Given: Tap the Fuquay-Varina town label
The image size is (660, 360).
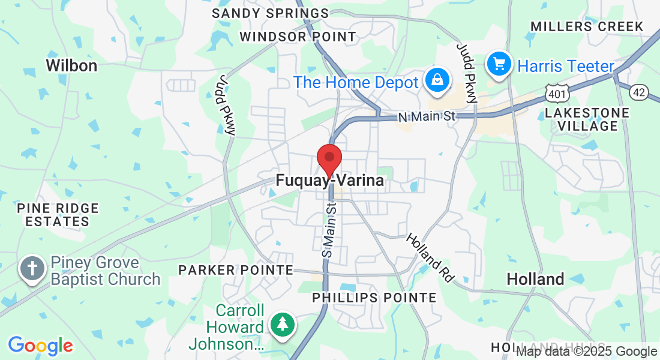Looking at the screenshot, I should coord(329,180).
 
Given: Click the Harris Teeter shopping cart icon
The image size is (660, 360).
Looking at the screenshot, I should coord(499,64).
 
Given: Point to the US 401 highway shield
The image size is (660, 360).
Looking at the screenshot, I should coord(554,92).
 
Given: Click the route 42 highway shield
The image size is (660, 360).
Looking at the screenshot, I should coord(640,92).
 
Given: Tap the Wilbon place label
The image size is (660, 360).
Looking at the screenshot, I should coord(71,65).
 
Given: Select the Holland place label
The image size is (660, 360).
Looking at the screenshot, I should coord(535,279).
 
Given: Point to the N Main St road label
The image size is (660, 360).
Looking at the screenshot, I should coord(427,116).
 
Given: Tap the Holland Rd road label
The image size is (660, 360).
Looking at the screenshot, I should coord(430,258).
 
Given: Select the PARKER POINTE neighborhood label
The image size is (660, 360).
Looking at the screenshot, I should coord(235,271).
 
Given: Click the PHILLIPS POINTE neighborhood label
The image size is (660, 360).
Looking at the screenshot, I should coord(374,298).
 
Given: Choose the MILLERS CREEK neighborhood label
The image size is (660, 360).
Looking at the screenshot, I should coord(587,26).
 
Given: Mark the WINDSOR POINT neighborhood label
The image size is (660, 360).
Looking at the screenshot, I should coord(298,37).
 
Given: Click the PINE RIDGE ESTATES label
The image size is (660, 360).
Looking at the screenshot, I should coord(58,215).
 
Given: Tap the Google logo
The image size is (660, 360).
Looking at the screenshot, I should coord(40,346).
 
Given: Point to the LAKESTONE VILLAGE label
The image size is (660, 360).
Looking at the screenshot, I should coord(587,119).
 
